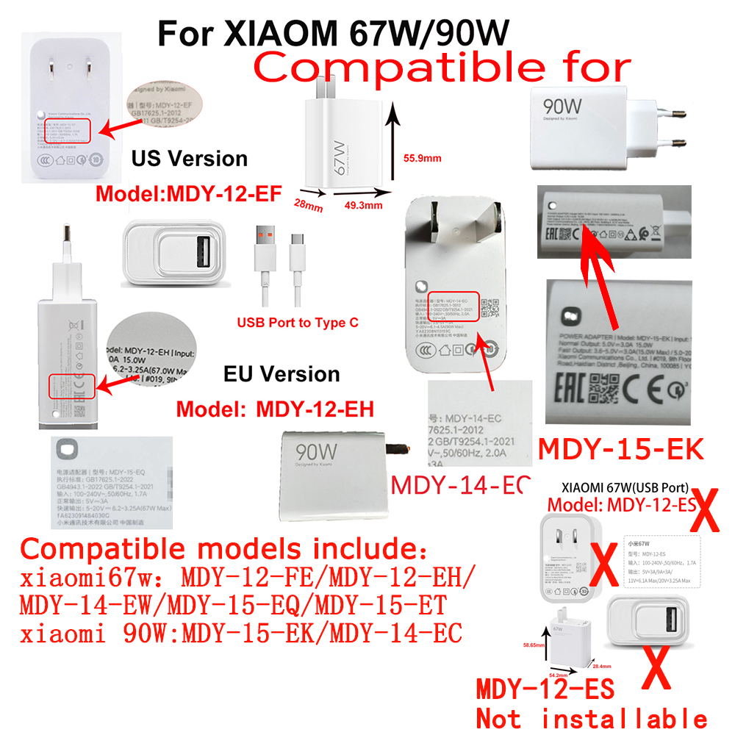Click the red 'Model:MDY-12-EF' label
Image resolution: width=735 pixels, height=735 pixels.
pos(189,194)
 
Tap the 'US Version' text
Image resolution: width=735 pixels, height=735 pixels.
pos(189,158)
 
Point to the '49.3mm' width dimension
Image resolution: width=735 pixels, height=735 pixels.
pos(363,206)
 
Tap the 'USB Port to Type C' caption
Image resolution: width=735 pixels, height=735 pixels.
pos(298,322)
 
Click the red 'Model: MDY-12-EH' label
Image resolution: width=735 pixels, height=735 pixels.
pos(276,409)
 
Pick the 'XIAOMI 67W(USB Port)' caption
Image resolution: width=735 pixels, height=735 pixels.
pos(624,487)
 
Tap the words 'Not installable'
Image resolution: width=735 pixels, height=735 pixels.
pos(592,718)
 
